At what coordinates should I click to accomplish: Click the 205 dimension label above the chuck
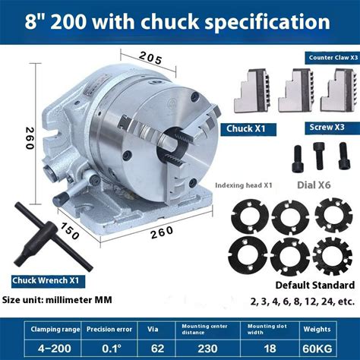[150, 58]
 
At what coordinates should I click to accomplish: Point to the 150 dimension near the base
[69, 231]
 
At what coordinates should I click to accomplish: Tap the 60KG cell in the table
[317, 349]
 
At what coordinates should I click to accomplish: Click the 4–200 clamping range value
[55, 349]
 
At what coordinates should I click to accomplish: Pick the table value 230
[207, 349]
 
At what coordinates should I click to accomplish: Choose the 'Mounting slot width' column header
[267, 329]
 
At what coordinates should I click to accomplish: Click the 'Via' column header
[153, 329]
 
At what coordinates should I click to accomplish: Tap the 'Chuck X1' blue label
[245, 128]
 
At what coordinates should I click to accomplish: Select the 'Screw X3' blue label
[327, 127]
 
